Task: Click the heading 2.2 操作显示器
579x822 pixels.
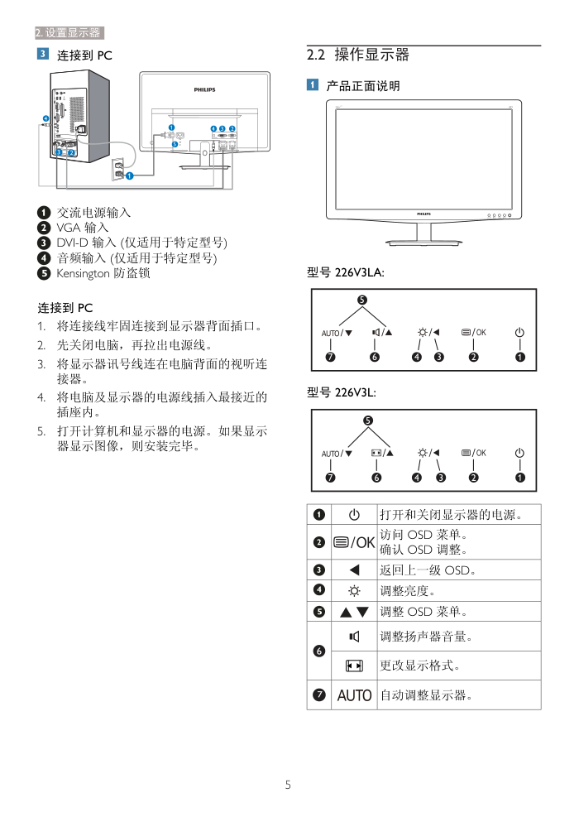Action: click(357, 56)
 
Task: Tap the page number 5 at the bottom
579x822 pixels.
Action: click(288, 785)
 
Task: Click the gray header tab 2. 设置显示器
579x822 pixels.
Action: click(69, 33)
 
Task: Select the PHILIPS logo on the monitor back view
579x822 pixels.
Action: click(204, 89)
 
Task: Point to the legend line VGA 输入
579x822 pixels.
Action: click(82, 228)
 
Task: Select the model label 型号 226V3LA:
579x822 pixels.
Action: click(346, 272)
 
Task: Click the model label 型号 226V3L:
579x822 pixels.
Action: click(342, 392)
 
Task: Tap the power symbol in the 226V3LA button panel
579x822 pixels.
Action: click(519, 332)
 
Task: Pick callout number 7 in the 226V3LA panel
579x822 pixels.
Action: click(330, 358)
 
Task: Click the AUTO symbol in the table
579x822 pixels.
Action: click(354, 695)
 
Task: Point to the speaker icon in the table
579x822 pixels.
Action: click(354, 637)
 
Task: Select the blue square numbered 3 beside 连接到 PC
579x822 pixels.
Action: click(41, 55)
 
